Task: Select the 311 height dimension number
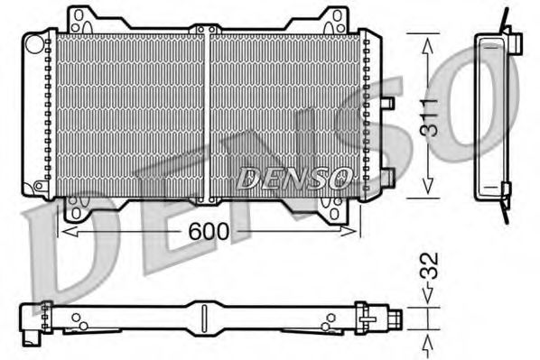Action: click(x=432, y=115)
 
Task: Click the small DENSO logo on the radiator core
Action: click(x=293, y=178)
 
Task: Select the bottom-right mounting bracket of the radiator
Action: click(x=331, y=209)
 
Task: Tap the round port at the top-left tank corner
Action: click(x=34, y=42)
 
